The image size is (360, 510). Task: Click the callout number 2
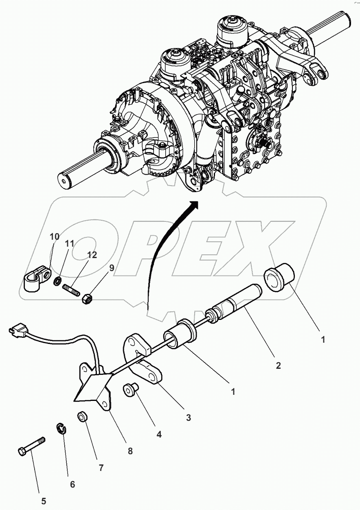tap(278, 366)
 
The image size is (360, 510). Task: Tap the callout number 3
tap(189, 417)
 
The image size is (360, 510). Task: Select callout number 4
tap(159, 434)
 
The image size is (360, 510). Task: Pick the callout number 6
tap(72, 484)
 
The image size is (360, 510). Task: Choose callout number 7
tap(101, 468)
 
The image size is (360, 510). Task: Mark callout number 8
tap(130, 451)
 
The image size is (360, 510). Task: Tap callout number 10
tap(55, 236)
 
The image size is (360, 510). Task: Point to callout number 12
tap(92, 255)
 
